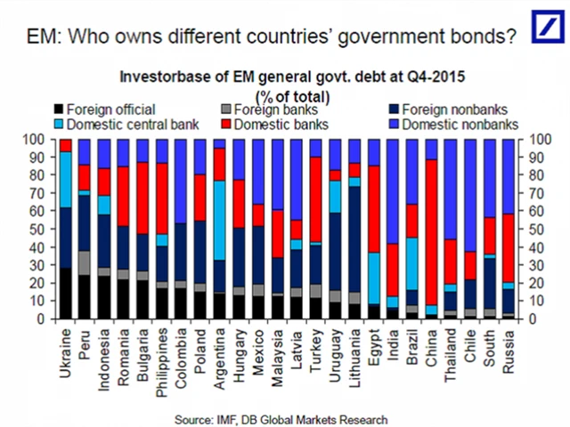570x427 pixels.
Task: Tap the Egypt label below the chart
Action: tap(375, 343)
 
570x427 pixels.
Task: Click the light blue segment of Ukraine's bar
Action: tap(65, 179)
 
